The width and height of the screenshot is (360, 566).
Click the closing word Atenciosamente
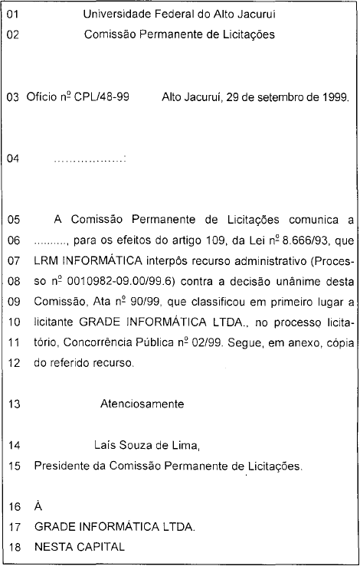pos(142,403)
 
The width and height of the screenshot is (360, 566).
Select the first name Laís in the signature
pos(105,444)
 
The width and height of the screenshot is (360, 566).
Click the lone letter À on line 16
pos(38,506)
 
